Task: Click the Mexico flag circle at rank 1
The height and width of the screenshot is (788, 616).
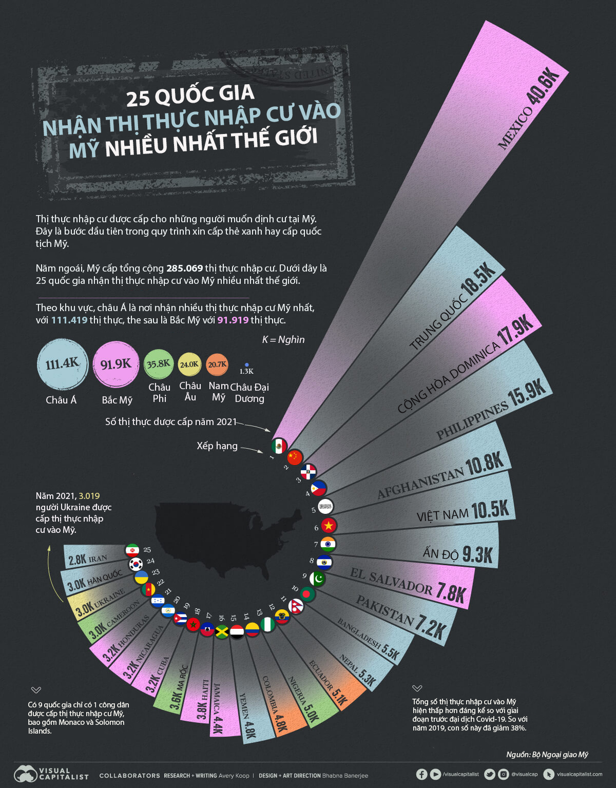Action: [x=279, y=446]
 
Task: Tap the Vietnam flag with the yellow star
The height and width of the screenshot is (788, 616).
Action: [x=329, y=525]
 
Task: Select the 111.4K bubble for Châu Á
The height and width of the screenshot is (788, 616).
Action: [x=63, y=364]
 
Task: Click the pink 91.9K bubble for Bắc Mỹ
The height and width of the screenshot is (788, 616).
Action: [x=116, y=364]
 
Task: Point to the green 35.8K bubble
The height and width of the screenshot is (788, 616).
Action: [x=159, y=364]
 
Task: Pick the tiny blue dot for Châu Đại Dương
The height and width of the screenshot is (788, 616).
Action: [x=247, y=365]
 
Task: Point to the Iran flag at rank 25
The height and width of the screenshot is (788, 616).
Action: [x=132, y=550]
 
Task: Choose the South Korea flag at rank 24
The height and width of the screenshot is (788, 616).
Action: [x=136, y=564]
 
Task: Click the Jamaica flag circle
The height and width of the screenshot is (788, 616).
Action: [x=222, y=631]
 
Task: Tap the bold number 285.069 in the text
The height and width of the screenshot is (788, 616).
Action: [x=184, y=268]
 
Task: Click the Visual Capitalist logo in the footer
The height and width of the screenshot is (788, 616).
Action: [x=51, y=774]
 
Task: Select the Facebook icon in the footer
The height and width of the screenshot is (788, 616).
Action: [x=421, y=774]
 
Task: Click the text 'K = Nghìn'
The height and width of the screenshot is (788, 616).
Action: [x=283, y=339]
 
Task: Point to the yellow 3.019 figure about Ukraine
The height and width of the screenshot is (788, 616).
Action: [x=89, y=496]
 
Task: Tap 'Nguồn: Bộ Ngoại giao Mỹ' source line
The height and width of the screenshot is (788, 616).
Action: [x=547, y=754]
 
